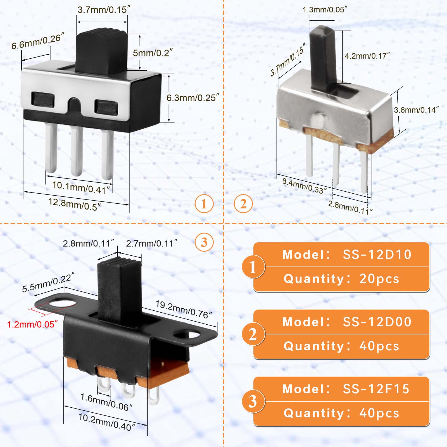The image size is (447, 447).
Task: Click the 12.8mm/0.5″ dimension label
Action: click(x=75, y=204)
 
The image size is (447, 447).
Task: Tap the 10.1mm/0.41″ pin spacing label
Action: click(x=81, y=187)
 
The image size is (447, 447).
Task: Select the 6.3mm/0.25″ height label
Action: click(x=193, y=98)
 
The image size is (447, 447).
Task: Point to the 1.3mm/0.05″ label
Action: click(x=325, y=10)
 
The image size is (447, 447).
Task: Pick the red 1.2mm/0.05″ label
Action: click(x=32, y=324)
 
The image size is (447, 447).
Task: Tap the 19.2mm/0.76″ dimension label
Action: click(x=184, y=310)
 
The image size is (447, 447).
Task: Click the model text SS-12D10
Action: click(x=377, y=255)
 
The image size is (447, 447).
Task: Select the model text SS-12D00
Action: click(x=377, y=322)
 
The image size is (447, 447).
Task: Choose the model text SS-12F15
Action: click(x=376, y=389)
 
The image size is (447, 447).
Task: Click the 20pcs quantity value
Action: click(x=379, y=279)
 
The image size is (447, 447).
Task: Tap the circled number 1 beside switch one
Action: click(x=204, y=204)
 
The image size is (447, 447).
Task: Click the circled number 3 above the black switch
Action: click(x=204, y=242)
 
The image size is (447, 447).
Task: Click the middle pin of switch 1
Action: click(x=77, y=151)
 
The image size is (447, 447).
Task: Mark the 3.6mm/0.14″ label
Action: click(x=416, y=110)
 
